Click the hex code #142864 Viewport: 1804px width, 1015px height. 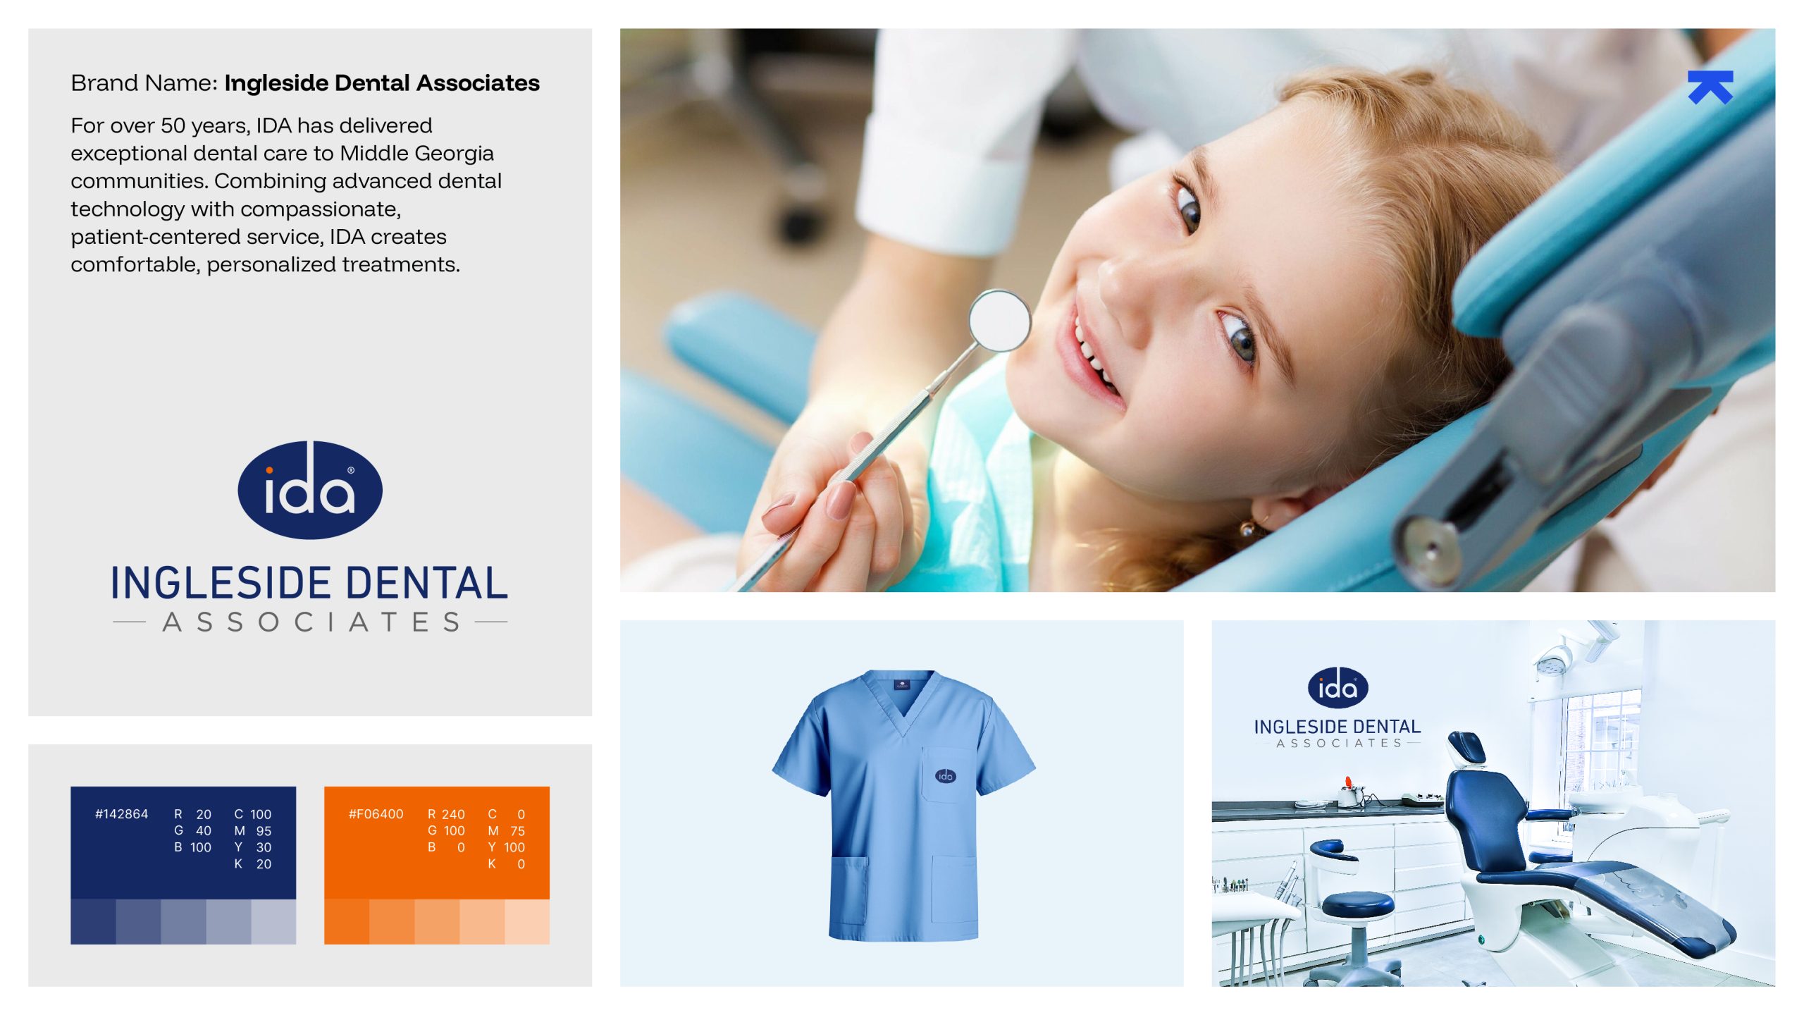[x=121, y=814]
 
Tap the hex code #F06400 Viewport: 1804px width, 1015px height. [x=376, y=814]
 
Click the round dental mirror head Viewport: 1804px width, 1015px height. [x=999, y=321]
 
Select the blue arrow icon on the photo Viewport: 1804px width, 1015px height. [x=1710, y=87]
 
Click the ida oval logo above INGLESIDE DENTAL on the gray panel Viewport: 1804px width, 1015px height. [x=310, y=490]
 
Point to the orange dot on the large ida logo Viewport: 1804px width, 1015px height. [x=269, y=470]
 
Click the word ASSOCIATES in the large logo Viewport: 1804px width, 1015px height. [x=311, y=622]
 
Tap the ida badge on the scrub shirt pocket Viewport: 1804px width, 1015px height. [x=945, y=775]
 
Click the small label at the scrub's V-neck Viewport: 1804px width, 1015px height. [x=902, y=683]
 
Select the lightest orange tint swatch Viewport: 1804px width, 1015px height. [x=527, y=921]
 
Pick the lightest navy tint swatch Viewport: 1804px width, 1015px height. [x=273, y=921]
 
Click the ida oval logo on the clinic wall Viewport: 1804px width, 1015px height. [x=1337, y=687]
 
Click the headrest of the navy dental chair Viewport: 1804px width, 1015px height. [x=1467, y=746]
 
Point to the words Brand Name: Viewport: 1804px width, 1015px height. [x=144, y=83]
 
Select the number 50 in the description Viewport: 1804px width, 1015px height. [x=173, y=125]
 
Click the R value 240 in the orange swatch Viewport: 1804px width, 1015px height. [x=453, y=814]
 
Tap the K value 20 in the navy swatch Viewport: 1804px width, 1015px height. [x=264, y=863]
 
